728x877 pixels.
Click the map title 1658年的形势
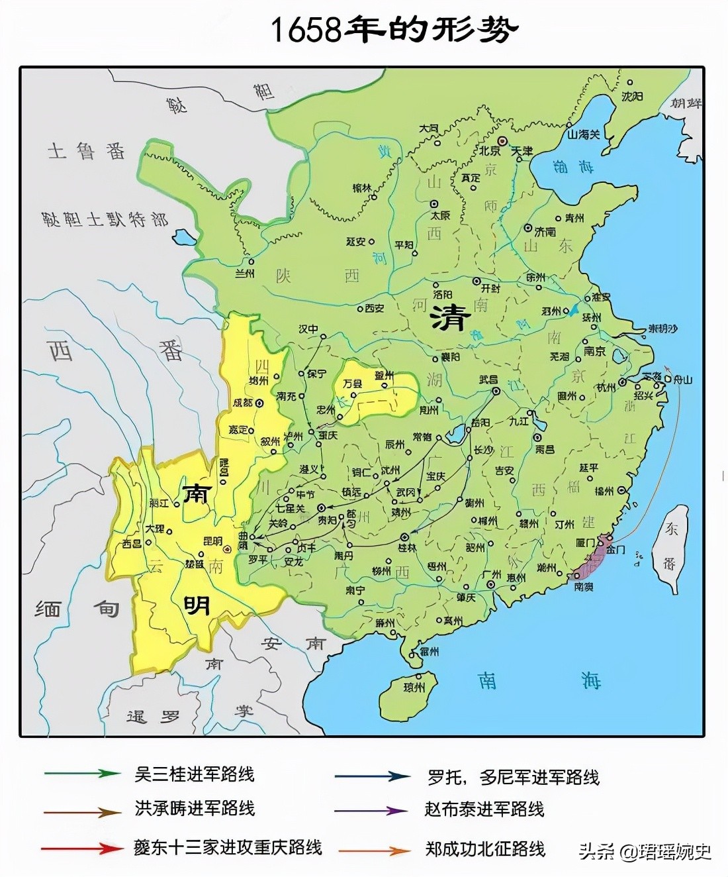coord(395,30)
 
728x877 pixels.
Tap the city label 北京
coord(490,151)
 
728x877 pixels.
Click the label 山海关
coord(583,134)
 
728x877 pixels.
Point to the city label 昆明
coord(212,541)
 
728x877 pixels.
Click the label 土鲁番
coord(86,152)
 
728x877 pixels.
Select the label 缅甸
coord(76,608)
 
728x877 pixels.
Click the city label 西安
coord(374,308)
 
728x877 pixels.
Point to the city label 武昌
coord(488,380)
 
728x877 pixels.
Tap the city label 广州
coord(491,574)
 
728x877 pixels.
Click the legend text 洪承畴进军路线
coord(195,808)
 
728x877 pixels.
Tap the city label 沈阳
coord(631,97)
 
